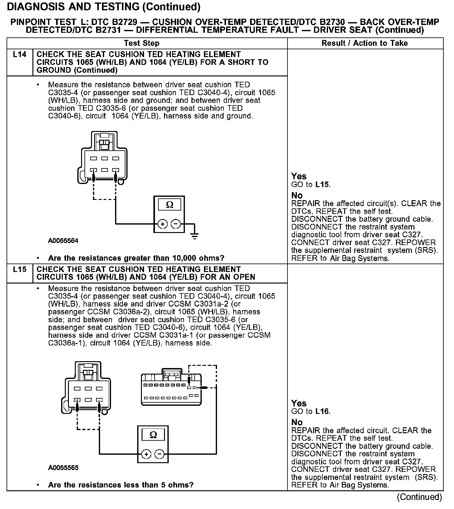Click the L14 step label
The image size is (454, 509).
[x=20, y=55]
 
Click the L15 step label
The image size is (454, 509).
[x=20, y=269]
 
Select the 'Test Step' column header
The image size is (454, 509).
[x=142, y=43]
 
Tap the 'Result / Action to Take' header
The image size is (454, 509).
[x=365, y=43]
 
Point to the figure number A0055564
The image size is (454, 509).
[x=63, y=241]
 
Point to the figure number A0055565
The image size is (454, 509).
[x=63, y=468]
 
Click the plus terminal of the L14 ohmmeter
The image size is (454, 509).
[x=162, y=224]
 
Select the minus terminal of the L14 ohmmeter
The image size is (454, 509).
[x=176, y=224]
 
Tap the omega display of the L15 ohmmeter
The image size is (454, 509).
[x=153, y=435]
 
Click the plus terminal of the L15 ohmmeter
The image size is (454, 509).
[x=146, y=454]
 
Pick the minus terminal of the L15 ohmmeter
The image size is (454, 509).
[x=159, y=454]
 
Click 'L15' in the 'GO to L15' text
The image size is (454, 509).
[x=322, y=184]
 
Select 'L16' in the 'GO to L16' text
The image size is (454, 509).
[x=322, y=411]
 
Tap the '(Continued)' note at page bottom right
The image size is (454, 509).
[x=419, y=497]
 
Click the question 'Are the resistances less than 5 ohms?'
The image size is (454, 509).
[x=121, y=485]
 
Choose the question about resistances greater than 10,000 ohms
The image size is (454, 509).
[x=136, y=258]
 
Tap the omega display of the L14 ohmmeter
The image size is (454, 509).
[x=169, y=205]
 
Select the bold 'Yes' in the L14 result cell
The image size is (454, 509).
[x=299, y=176]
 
